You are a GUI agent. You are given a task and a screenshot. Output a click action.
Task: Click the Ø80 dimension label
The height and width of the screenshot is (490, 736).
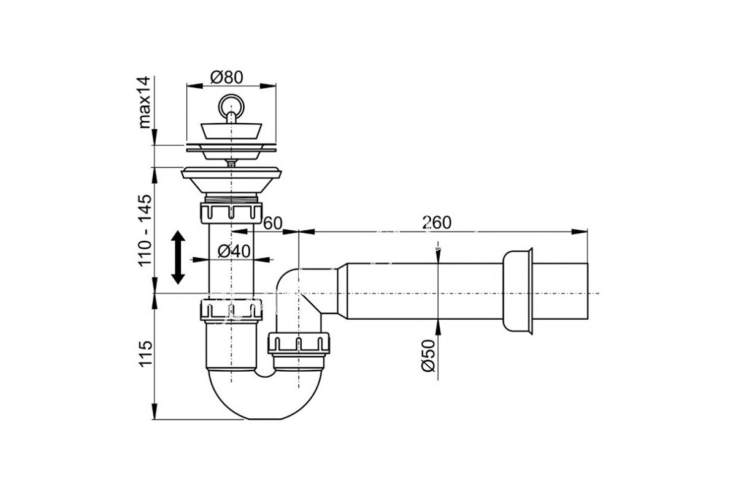pos(227,77)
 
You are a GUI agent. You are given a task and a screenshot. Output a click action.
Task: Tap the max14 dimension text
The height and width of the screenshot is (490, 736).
pos(145,102)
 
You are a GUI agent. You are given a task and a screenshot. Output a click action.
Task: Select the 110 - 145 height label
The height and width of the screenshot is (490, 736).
pos(145,231)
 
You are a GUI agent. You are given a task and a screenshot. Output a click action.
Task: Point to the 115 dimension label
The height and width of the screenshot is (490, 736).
pos(145,353)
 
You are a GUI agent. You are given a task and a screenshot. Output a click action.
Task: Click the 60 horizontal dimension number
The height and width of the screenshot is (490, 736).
pos(273,224)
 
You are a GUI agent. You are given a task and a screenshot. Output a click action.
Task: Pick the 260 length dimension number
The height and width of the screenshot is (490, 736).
pos(437,222)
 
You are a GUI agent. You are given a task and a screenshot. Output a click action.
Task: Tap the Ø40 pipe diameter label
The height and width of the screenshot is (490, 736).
pos(234,251)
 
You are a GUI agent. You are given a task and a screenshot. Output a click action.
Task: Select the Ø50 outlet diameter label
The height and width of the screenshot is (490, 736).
pos(428,356)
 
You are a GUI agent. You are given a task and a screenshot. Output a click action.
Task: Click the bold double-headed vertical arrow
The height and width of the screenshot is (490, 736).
pos(178,257)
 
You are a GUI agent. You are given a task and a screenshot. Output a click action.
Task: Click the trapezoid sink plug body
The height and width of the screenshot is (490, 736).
pos(231,131)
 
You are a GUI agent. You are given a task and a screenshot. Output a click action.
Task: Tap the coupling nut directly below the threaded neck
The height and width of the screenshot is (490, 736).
pos(231,213)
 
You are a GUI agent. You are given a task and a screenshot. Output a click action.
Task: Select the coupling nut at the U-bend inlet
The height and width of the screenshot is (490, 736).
pos(231,309)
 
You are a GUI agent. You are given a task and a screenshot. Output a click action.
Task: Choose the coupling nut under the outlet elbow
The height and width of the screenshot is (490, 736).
pos(298,343)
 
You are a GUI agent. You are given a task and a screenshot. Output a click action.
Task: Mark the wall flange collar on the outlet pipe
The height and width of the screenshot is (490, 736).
pos(517,292)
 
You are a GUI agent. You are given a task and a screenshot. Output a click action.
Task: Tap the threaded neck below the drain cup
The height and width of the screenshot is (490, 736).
pos(231,198)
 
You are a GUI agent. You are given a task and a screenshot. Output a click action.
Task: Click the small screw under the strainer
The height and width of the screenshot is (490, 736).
pos(231,163)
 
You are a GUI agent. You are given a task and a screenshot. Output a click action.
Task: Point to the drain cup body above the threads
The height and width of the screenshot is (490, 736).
pos(231,180)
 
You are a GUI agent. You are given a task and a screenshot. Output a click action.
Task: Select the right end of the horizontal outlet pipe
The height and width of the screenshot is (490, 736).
pos(588,291)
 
